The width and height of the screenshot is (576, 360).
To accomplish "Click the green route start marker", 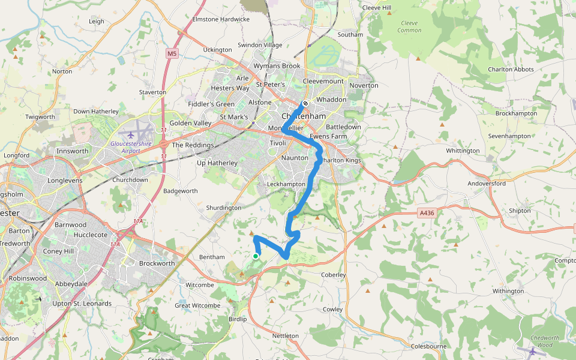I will (256, 256).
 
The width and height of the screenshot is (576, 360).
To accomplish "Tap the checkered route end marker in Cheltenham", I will (305, 103).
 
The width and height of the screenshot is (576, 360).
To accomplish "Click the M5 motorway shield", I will (172, 54).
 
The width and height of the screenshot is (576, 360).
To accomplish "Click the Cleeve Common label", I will (409, 26).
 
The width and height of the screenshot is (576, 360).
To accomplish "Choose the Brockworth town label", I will (157, 263).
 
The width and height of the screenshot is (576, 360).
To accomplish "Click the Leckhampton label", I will (285, 184).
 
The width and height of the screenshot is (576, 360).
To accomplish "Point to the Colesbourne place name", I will (429, 346).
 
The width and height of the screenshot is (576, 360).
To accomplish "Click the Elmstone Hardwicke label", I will (221, 19).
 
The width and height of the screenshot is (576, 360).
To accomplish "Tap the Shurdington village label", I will (223, 208).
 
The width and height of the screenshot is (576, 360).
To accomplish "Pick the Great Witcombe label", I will (197, 305).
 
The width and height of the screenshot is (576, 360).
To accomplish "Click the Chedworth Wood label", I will (545, 341).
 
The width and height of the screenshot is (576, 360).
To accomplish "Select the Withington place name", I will (508, 291).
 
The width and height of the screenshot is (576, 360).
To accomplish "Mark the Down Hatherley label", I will (96, 112).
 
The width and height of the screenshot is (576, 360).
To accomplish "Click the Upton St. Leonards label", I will (82, 304).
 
